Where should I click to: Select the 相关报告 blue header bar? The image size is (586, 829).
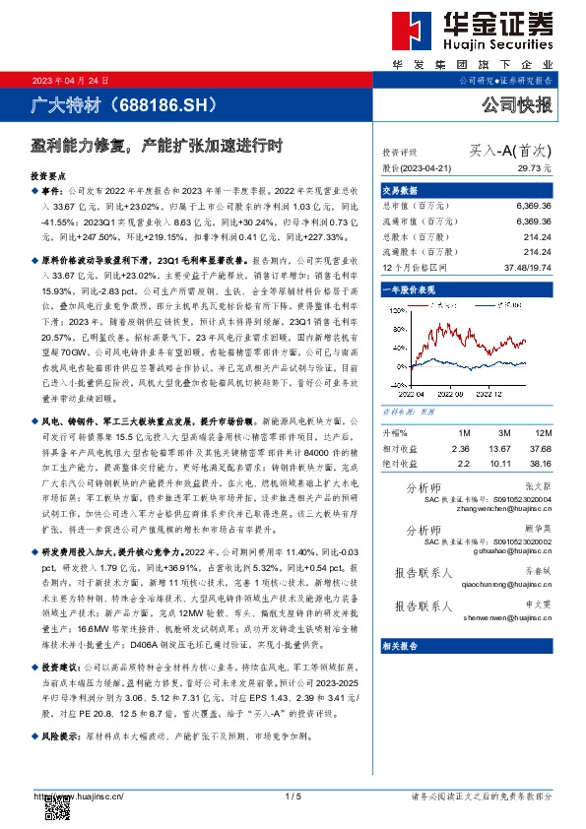pos(401,646)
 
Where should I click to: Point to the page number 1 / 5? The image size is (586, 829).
pos(292,796)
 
